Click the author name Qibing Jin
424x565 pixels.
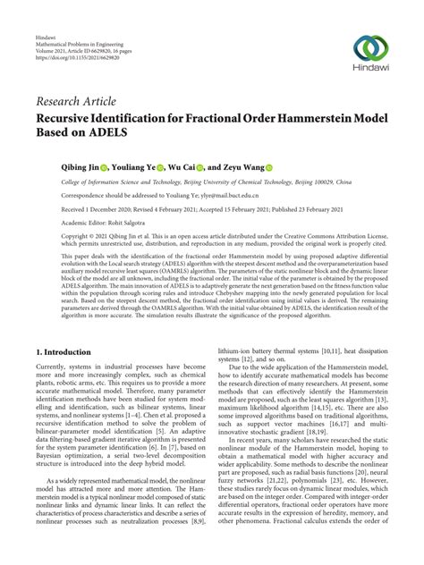pyautogui.click(x=80, y=165)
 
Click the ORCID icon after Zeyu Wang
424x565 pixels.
pyautogui.click(x=268, y=165)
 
